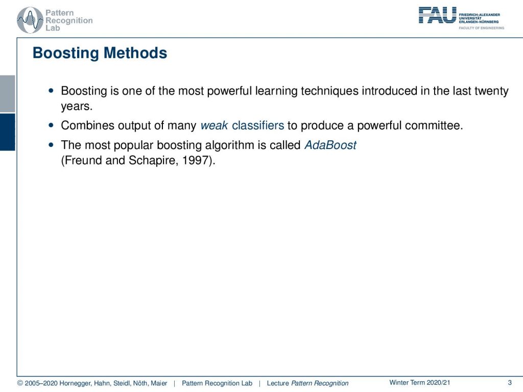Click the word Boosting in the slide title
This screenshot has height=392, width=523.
[66, 53]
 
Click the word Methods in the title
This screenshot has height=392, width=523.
[135, 53]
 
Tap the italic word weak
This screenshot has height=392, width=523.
[214, 126]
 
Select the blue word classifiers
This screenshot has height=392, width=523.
[258, 126]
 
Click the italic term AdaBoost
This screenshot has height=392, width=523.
[330, 145]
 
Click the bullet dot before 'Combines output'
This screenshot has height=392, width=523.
[51, 126]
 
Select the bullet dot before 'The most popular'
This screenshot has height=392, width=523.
[51, 145]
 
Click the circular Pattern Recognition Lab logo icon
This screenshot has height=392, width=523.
[30, 20]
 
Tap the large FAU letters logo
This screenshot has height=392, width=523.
[437, 15]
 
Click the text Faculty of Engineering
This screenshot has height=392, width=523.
[481, 28]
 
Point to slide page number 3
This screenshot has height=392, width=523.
[510, 383]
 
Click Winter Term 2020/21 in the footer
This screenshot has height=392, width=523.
[420, 383]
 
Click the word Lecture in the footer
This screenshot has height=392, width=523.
[278, 383]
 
